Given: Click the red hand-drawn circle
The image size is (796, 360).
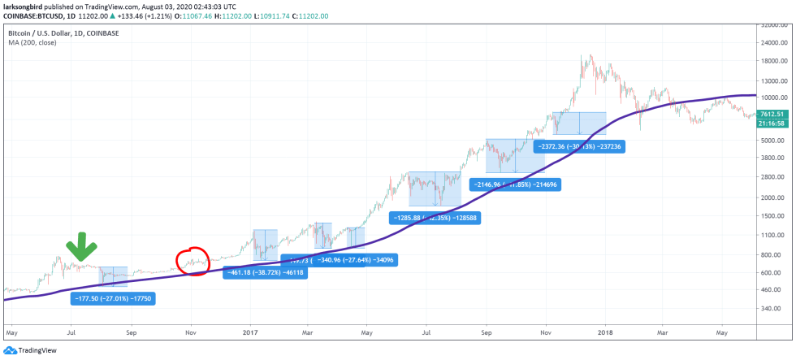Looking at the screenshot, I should pos(193,262).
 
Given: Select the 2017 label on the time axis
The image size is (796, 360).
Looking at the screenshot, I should pos(249,332).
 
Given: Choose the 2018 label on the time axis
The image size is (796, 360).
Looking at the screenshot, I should pos(603,332).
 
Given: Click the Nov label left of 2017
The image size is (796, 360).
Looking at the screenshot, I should pos(191,332).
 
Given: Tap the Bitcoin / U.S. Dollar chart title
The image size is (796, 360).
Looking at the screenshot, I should pos(65,32).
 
